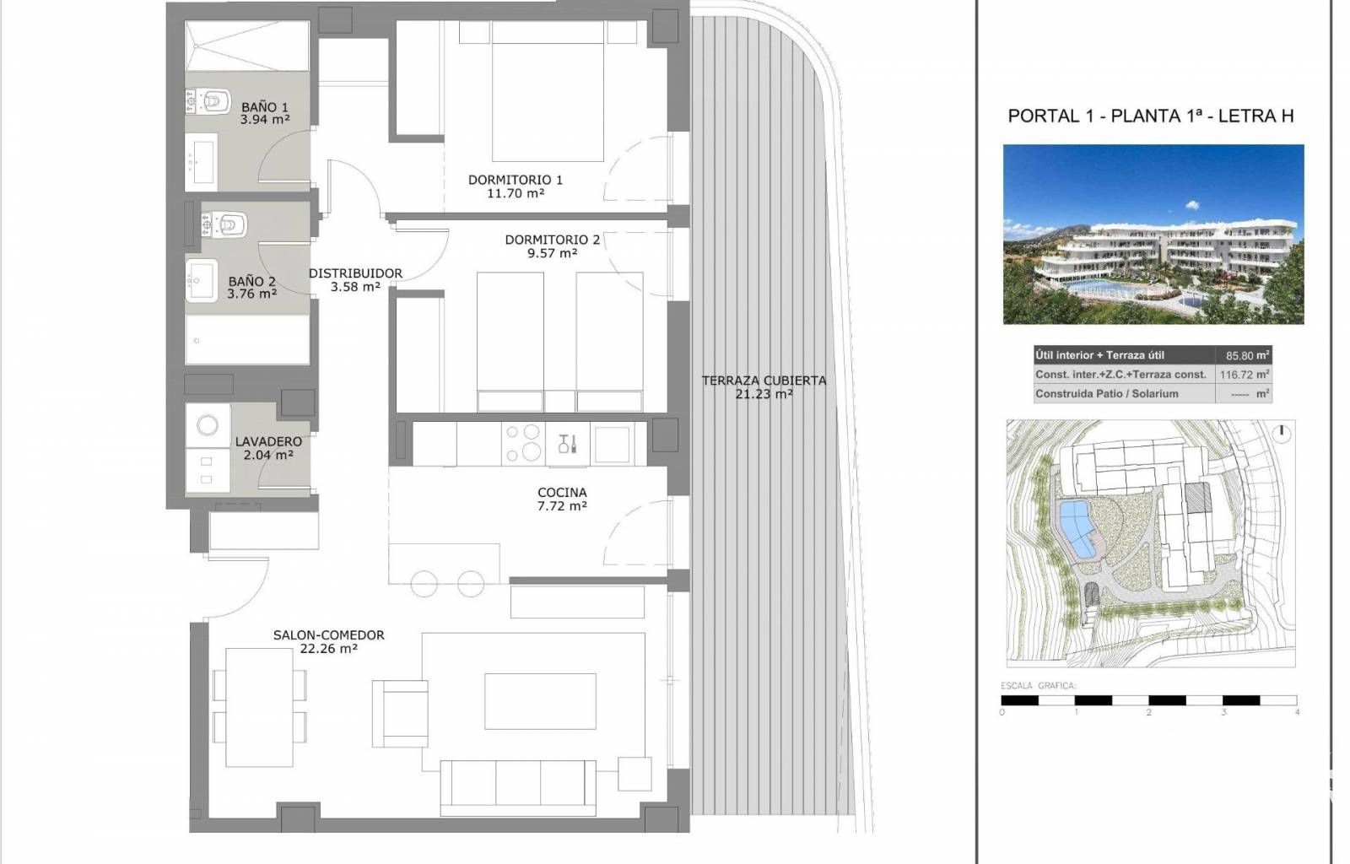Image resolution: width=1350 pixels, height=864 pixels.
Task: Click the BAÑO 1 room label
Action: [265, 107]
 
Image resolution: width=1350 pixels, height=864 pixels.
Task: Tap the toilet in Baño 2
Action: [224, 224]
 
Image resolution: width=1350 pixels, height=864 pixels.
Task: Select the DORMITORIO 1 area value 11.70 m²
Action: [516, 193]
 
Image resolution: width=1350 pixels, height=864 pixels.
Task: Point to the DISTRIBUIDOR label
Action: [355, 273]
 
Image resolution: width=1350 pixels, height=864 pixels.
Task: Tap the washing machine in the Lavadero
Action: [208, 425]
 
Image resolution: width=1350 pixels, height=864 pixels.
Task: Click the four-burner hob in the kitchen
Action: [523, 444]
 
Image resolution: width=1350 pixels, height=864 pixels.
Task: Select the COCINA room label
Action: [562, 492]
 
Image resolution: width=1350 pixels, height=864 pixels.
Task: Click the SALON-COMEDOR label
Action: [328, 635]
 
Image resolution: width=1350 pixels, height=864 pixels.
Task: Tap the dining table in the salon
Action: [260, 707]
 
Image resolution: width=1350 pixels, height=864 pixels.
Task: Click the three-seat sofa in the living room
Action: [518, 788]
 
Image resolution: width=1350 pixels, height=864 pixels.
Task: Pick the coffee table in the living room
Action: [540, 701]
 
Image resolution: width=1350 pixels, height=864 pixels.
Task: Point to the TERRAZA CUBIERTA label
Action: [764, 381]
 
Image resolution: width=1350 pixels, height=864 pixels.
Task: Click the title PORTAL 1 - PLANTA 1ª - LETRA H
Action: [1151, 116]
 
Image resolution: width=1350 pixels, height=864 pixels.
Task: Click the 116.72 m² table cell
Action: [1245, 375]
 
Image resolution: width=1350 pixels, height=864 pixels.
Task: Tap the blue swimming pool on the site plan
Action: [1077, 529]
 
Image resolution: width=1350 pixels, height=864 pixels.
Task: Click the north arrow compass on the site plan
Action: [1282, 433]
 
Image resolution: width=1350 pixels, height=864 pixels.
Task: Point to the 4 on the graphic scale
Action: [1297, 712]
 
